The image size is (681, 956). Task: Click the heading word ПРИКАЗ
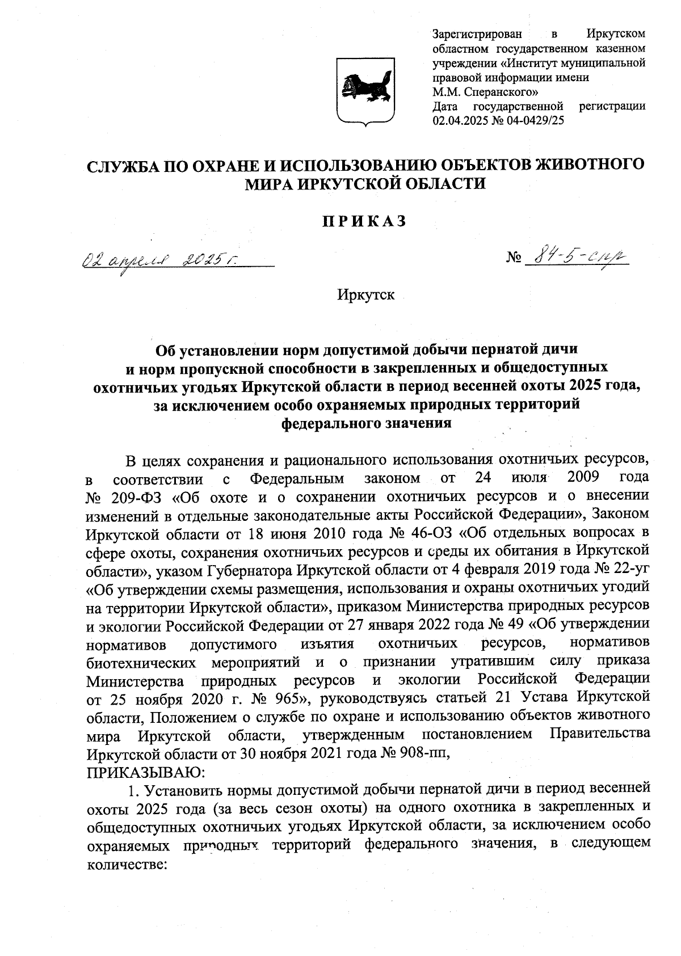(x=365, y=222)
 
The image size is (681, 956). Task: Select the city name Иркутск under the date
(x=365, y=296)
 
